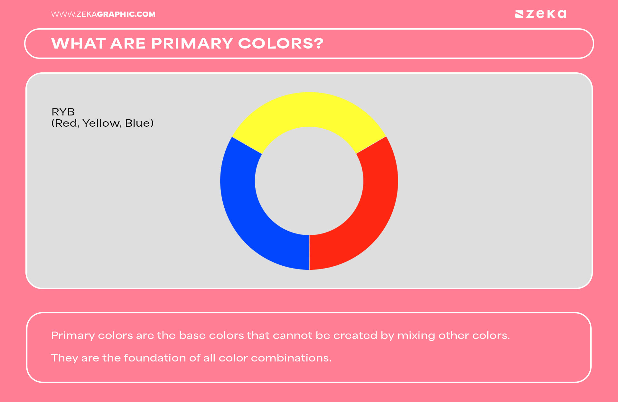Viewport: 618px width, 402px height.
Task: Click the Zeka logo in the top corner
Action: coord(540,14)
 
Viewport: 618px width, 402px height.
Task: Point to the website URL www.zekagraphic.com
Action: coord(103,14)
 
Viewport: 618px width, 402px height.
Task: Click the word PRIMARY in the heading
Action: coord(192,43)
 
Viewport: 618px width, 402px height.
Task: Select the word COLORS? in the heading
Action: coord(281,43)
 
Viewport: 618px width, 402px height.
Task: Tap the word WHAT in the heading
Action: coord(79,43)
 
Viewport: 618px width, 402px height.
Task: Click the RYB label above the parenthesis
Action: coord(63,112)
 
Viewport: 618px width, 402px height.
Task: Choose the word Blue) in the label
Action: coord(139,123)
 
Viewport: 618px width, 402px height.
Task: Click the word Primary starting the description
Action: coord(73,336)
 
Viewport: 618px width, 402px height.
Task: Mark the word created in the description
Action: coord(355,335)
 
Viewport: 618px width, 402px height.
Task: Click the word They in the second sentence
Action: coord(64,358)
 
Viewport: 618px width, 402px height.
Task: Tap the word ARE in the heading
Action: coord(128,43)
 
